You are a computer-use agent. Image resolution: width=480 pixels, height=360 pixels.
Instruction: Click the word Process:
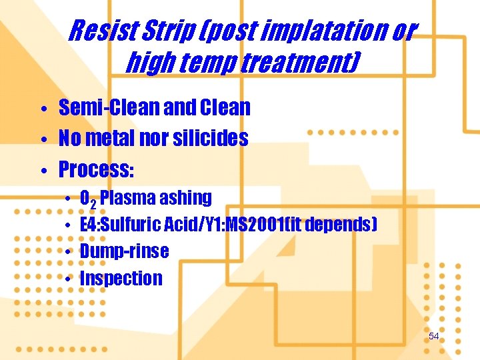tap(97, 170)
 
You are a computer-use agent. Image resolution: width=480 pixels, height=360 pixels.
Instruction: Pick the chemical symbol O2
tap(87, 199)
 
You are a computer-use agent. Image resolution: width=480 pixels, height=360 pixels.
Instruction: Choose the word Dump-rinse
tap(124, 251)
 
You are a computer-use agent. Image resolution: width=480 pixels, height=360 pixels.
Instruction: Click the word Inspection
tap(121, 278)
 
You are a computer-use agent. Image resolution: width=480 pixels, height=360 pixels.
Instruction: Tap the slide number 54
tap(433, 337)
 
